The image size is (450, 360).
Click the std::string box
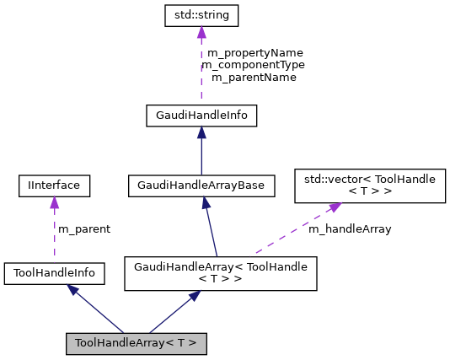pos(201,15)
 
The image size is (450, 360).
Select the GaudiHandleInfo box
pos(201,115)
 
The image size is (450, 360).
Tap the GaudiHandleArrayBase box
pos(201,184)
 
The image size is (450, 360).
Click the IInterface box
pos(54,184)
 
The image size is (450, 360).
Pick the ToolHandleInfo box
pos(54,273)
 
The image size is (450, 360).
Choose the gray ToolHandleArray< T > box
pos(136,343)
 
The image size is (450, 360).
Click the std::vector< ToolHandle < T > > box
pos(369,185)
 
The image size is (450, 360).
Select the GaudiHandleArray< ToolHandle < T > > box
pos(220,274)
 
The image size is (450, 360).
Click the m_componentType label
pos(253,65)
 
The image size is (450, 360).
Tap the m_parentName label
pos(253,78)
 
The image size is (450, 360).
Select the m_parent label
pos(83,228)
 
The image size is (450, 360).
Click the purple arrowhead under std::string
pos(201,32)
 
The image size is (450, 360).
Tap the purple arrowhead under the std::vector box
pos(335,207)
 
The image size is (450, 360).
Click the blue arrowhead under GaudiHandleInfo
pos(201,132)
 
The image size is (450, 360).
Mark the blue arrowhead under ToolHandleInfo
pos(73,290)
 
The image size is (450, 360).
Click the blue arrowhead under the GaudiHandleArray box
pos(195,297)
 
